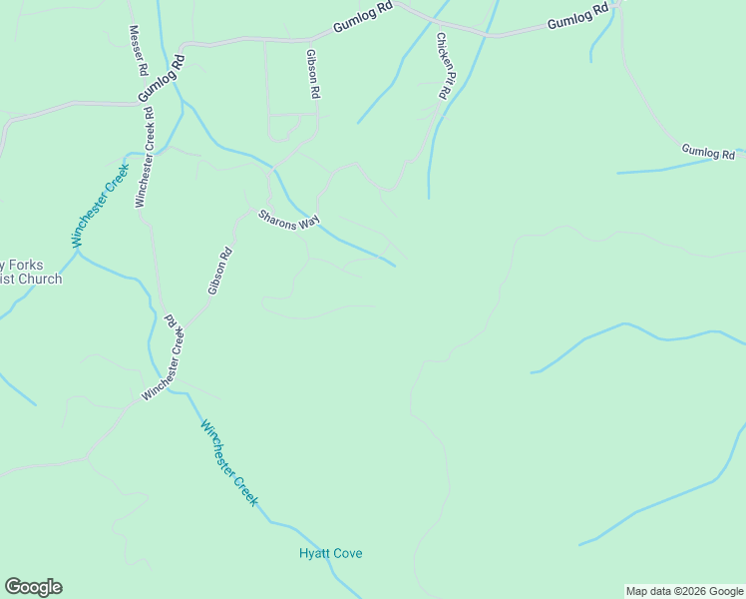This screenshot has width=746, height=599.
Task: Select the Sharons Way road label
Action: click(x=288, y=218)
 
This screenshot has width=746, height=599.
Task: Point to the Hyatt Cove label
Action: click(x=331, y=553)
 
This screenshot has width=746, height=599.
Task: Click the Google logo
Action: click(x=33, y=587)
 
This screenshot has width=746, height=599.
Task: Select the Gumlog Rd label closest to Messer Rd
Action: click(x=162, y=76)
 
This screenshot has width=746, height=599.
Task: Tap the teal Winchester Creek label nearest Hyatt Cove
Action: click(x=230, y=463)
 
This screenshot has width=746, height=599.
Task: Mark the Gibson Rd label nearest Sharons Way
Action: click(x=220, y=271)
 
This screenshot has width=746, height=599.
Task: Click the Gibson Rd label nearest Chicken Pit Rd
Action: click(x=313, y=73)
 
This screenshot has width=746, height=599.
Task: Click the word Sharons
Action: click(x=278, y=215)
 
